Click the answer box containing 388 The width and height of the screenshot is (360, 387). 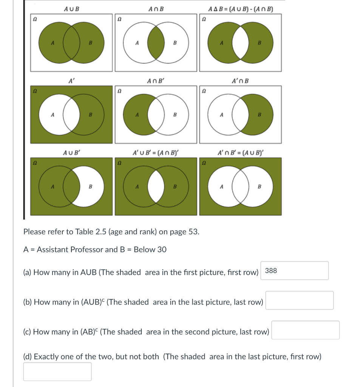pos(294,271)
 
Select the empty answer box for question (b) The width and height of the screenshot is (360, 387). pos(299,300)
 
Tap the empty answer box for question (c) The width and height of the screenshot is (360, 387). pos(305,330)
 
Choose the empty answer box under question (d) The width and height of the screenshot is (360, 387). pos(57,372)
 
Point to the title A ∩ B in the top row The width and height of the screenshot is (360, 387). pos(156,9)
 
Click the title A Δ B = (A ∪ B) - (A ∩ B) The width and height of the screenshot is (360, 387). pos(241,9)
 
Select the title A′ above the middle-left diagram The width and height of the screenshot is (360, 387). pos(71,80)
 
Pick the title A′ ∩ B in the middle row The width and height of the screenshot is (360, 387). pos(241,80)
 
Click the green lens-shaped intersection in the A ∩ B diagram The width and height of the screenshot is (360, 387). pos(156,43)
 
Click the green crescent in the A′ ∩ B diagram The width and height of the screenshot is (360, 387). pos(259,114)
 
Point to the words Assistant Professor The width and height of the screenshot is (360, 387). pos(70,249)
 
